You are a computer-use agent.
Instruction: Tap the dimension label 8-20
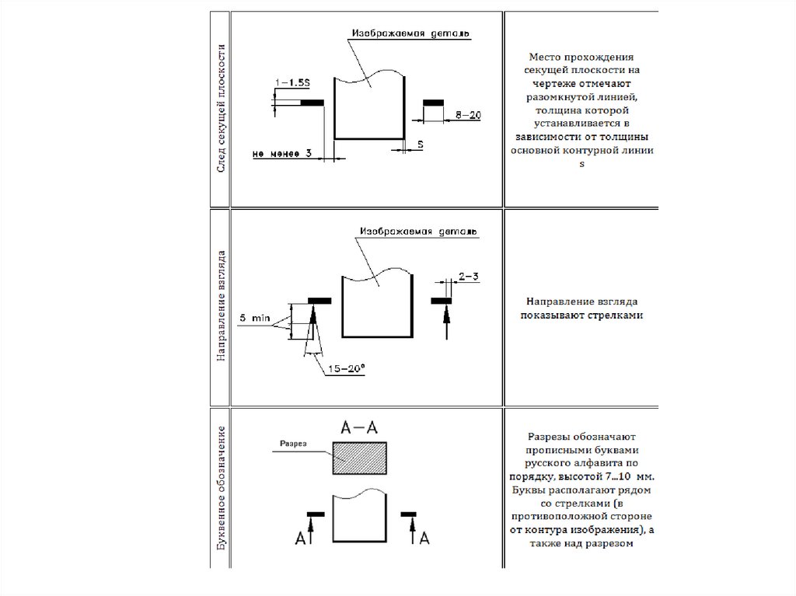468,114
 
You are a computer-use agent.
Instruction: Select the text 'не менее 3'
282,154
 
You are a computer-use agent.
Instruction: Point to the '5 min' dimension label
254,318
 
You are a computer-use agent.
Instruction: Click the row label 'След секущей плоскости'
221,109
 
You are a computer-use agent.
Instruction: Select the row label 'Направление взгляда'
221,305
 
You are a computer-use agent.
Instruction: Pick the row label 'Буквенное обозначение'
221,490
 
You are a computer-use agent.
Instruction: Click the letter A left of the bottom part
299,538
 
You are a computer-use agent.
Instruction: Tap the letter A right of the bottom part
424,538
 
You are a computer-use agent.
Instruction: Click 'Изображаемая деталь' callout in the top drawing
411,34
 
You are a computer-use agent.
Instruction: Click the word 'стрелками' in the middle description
619,316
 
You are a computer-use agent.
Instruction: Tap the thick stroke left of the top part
312,102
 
